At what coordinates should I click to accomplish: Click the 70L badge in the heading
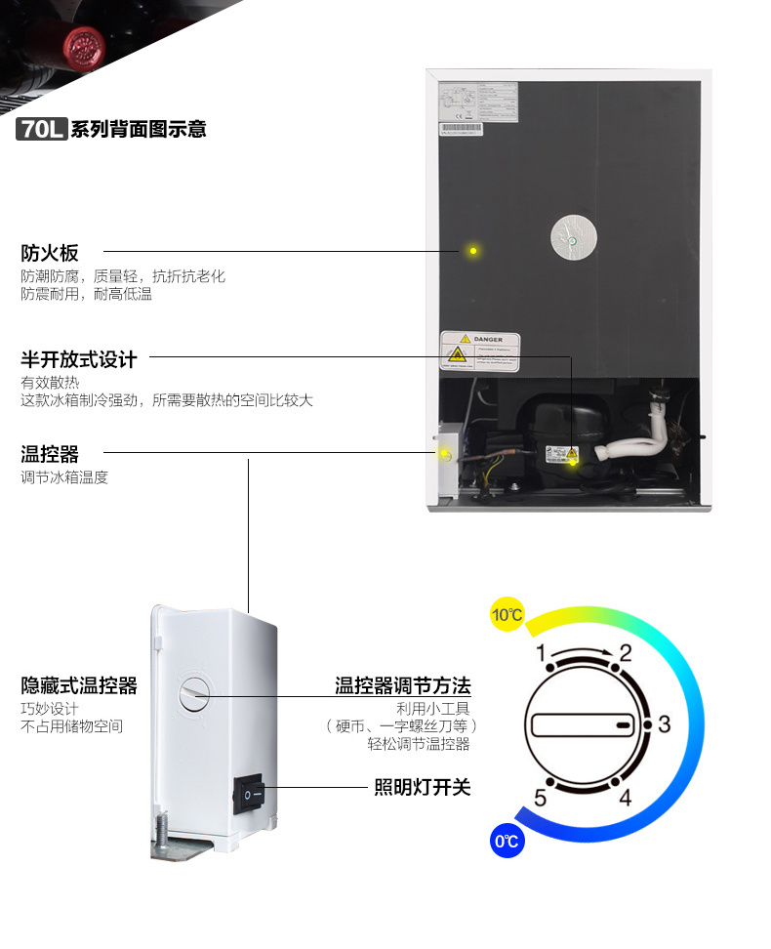click(41, 129)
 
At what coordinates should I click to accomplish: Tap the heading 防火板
click(50, 253)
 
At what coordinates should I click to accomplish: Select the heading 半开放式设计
click(79, 359)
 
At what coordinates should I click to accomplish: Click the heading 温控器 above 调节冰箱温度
click(50, 454)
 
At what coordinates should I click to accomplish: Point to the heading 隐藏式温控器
click(79, 685)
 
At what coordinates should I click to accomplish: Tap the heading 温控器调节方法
click(403, 685)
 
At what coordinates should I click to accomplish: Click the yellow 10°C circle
click(507, 615)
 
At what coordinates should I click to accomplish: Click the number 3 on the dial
click(664, 724)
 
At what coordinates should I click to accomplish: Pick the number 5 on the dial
click(540, 798)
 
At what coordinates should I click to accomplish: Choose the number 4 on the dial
click(626, 798)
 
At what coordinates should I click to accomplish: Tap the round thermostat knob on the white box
click(194, 693)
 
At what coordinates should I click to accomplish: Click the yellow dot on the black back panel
click(473, 251)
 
